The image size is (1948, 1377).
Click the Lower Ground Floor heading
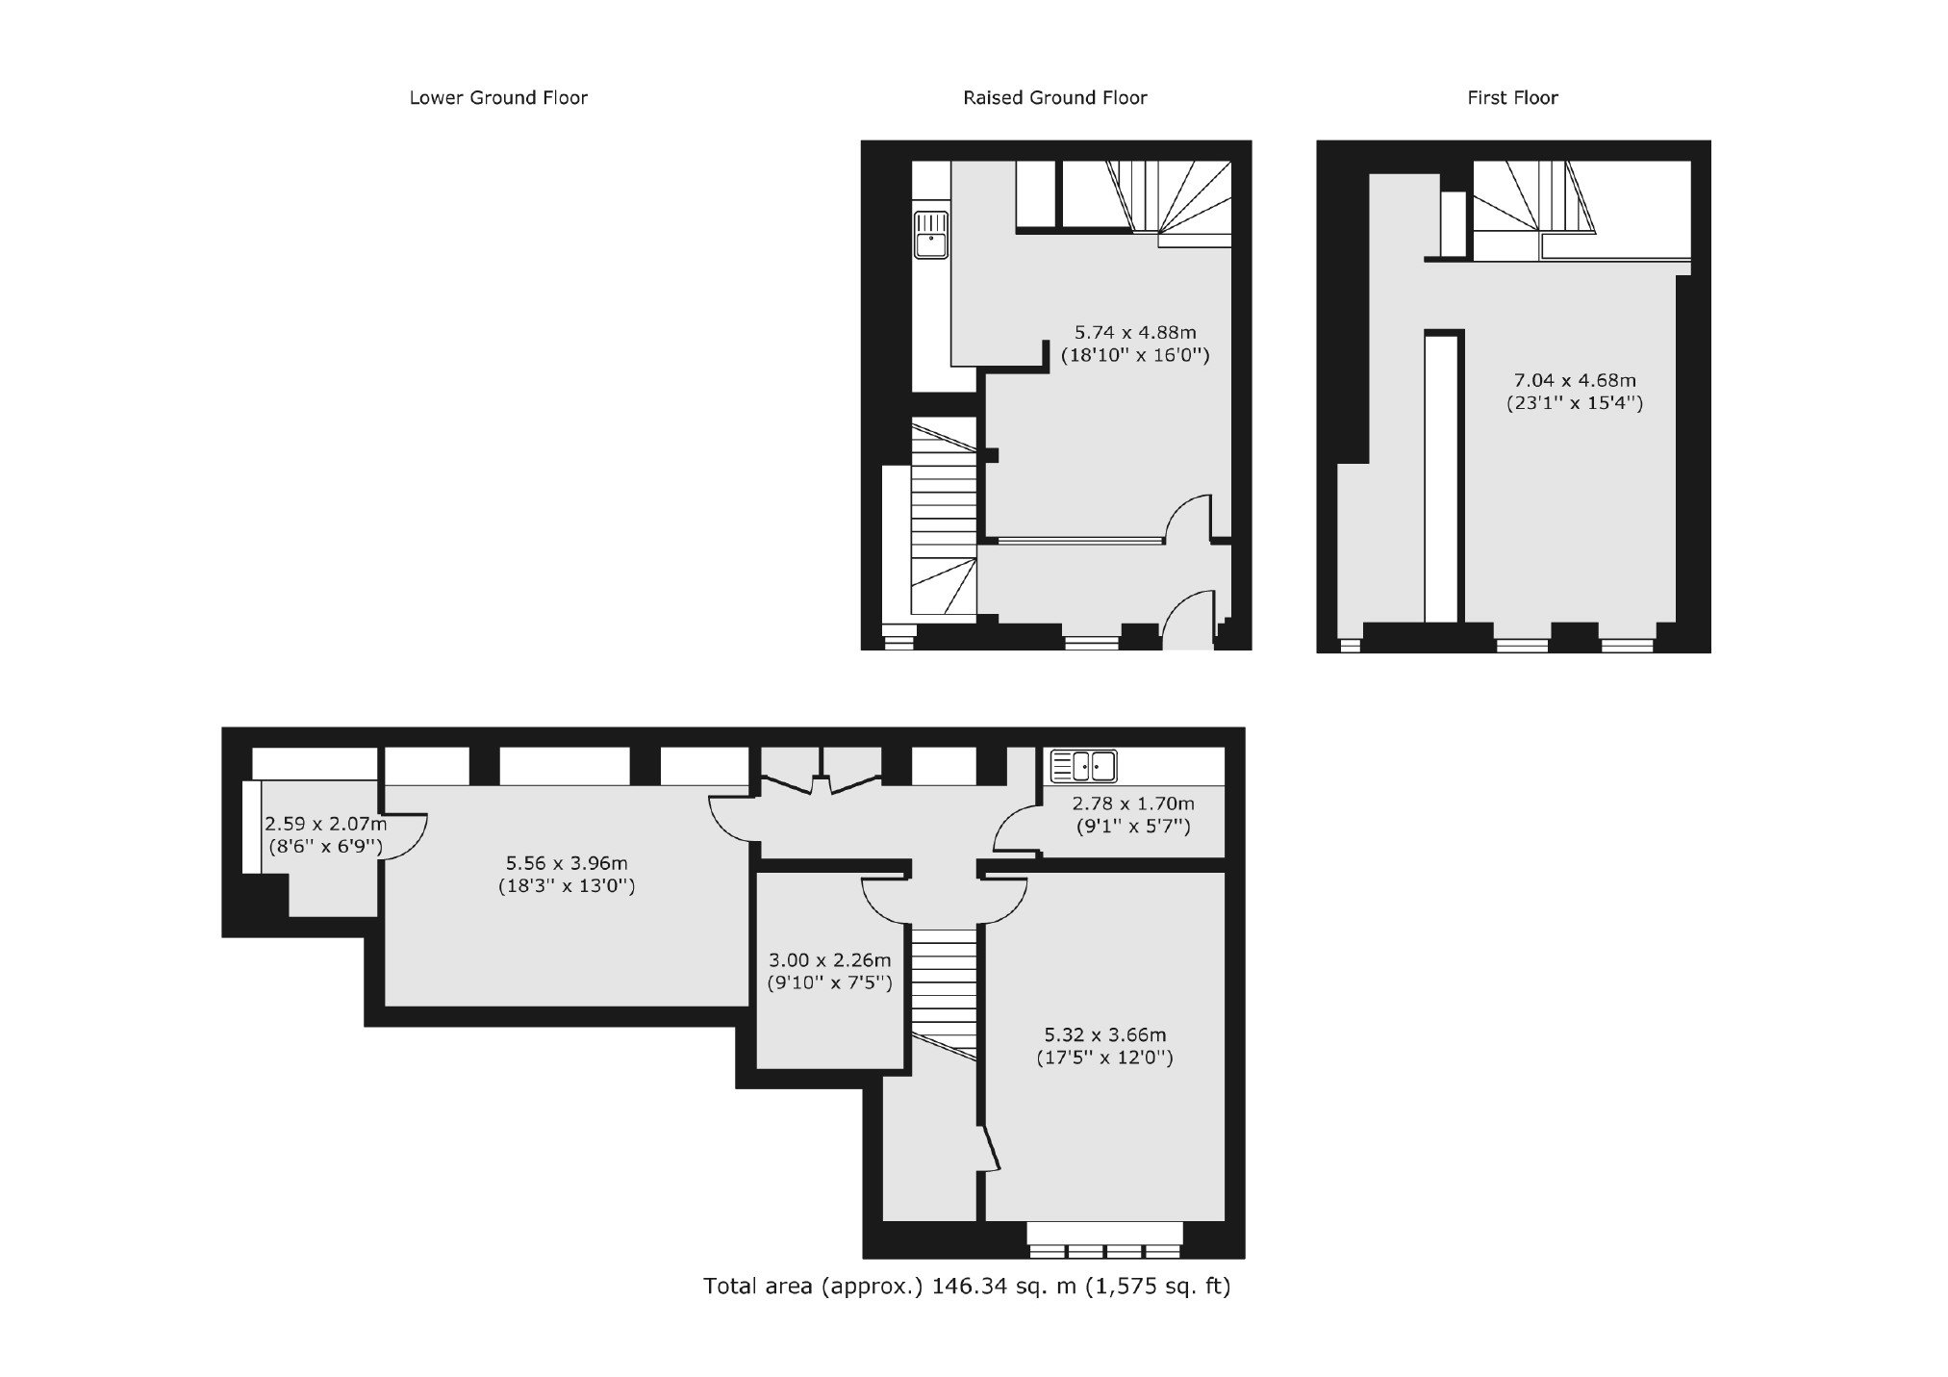click(498, 97)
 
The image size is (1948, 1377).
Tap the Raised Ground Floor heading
click(1055, 97)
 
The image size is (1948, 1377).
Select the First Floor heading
click(1512, 97)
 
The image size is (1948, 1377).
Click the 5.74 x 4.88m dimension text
click(1135, 332)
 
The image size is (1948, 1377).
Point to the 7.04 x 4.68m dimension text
click(1575, 380)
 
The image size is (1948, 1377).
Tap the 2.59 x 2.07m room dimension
click(326, 824)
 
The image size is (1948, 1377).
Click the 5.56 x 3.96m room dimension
click(567, 863)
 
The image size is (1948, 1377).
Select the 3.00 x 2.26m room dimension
click(830, 960)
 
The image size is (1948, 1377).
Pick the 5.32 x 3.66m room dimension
click(1105, 1035)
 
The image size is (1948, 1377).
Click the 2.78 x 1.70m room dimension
click(1133, 803)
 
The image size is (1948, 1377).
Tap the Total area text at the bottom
click(967, 1287)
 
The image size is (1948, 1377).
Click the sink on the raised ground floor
click(931, 235)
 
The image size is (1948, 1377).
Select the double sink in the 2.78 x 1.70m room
click(1083, 766)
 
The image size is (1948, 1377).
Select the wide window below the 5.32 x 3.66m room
click(1104, 1241)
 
